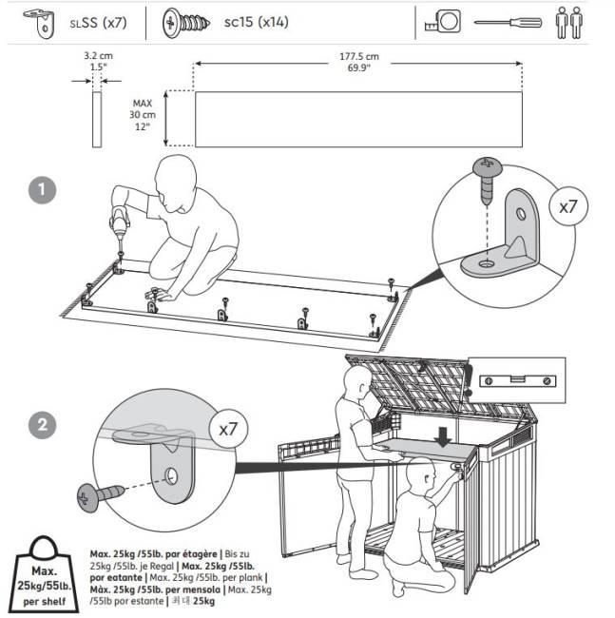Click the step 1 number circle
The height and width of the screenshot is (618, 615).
(39, 188)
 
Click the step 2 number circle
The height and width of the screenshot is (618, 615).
(41, 426)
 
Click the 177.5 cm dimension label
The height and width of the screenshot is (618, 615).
(358, 62)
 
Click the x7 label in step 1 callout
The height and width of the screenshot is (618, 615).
(567, 206)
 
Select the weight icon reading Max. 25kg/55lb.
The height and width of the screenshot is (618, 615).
(43, 574)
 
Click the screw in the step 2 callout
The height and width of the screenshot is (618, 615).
(99, 493)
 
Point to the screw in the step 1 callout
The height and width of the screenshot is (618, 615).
(488, 180)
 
